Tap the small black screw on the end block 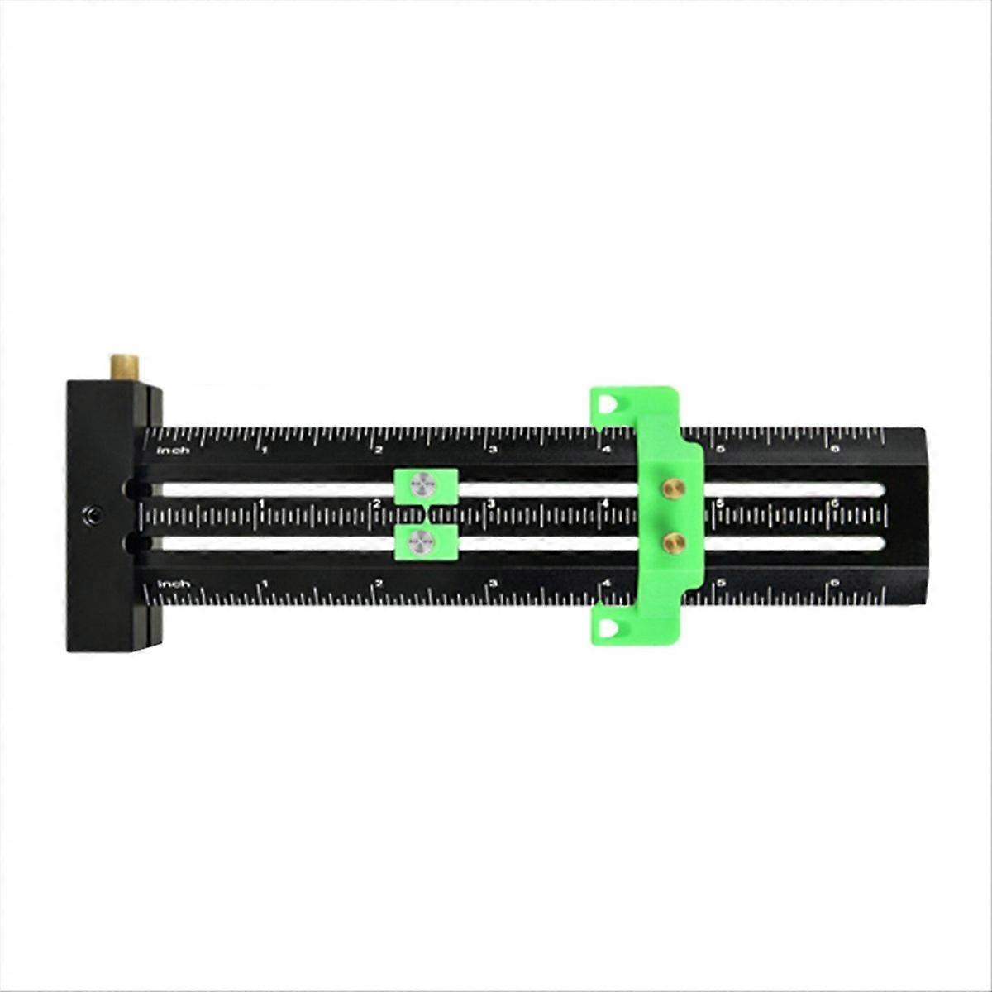pyautogui.click(x=90, y=516)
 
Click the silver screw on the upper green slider pyautogui.click(x=425, y=484)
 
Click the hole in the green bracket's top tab pyautogui.click(x=610, y=403)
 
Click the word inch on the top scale pyautogui.click(x=174, y=450)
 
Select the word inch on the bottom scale pyautogui.click(x=174, y=584)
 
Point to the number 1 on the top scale pyautogui.click(x=265, y=450)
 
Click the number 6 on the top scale pyautogui.click(x=835, y=449)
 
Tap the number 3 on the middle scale pyautogui.click(x=491, y=503)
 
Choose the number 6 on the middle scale pyautogui.click(x=834, y=503)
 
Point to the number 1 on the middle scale pyautogui.click(x=262, y=503)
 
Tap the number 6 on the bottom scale pyautogui.click(x=834, y=584)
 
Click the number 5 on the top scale pyautogui.click(x=721, y=449)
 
